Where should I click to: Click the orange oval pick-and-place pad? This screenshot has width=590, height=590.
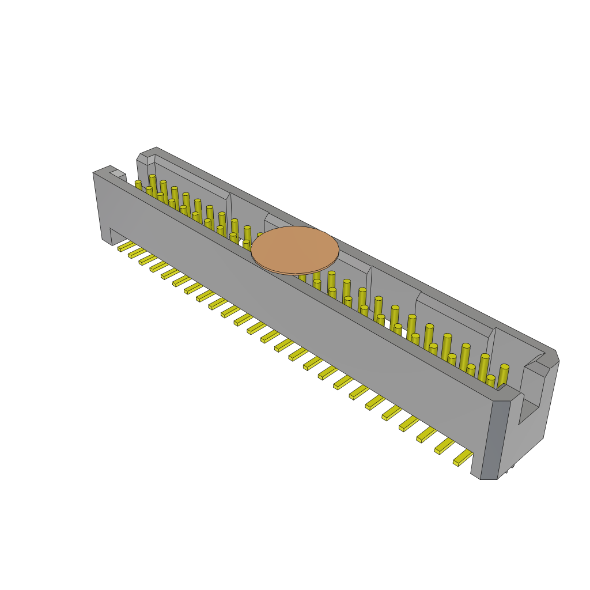click(295, 250)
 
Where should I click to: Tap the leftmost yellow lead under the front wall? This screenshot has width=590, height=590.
click(126, 247)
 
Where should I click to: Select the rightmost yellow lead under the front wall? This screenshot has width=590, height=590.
click(463, 458)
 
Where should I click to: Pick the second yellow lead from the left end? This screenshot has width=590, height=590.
click(137, 253)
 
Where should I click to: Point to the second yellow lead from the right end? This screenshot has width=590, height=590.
click(444, 446)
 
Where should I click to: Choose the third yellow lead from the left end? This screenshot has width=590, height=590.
click(148, 260)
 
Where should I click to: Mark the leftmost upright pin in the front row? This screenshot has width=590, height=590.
click(138, 185)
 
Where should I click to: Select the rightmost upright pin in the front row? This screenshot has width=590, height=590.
click(490, 380)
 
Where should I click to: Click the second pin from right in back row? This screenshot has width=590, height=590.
click(484, 365)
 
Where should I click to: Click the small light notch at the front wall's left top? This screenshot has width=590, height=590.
click(118, 173)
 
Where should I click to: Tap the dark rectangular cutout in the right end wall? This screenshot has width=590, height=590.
click(528, 411)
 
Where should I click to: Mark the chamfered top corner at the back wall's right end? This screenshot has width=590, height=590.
click(554, 356)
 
